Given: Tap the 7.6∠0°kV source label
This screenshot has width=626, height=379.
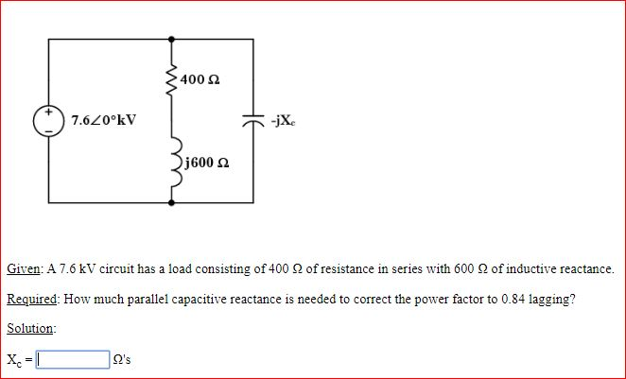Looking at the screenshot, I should point(103,120).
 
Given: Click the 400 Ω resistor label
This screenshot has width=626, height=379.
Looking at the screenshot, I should point(202,77).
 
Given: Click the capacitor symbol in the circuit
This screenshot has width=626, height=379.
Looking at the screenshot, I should point(252,120).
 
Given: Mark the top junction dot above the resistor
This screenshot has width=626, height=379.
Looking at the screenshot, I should point(171,40).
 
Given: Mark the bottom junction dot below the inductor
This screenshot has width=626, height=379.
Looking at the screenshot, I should point(171,201).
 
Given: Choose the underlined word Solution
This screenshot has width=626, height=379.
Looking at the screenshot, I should point(30,328).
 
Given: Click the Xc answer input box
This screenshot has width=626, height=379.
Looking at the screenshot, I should point(70,359).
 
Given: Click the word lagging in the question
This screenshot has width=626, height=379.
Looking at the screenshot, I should point(544,299).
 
